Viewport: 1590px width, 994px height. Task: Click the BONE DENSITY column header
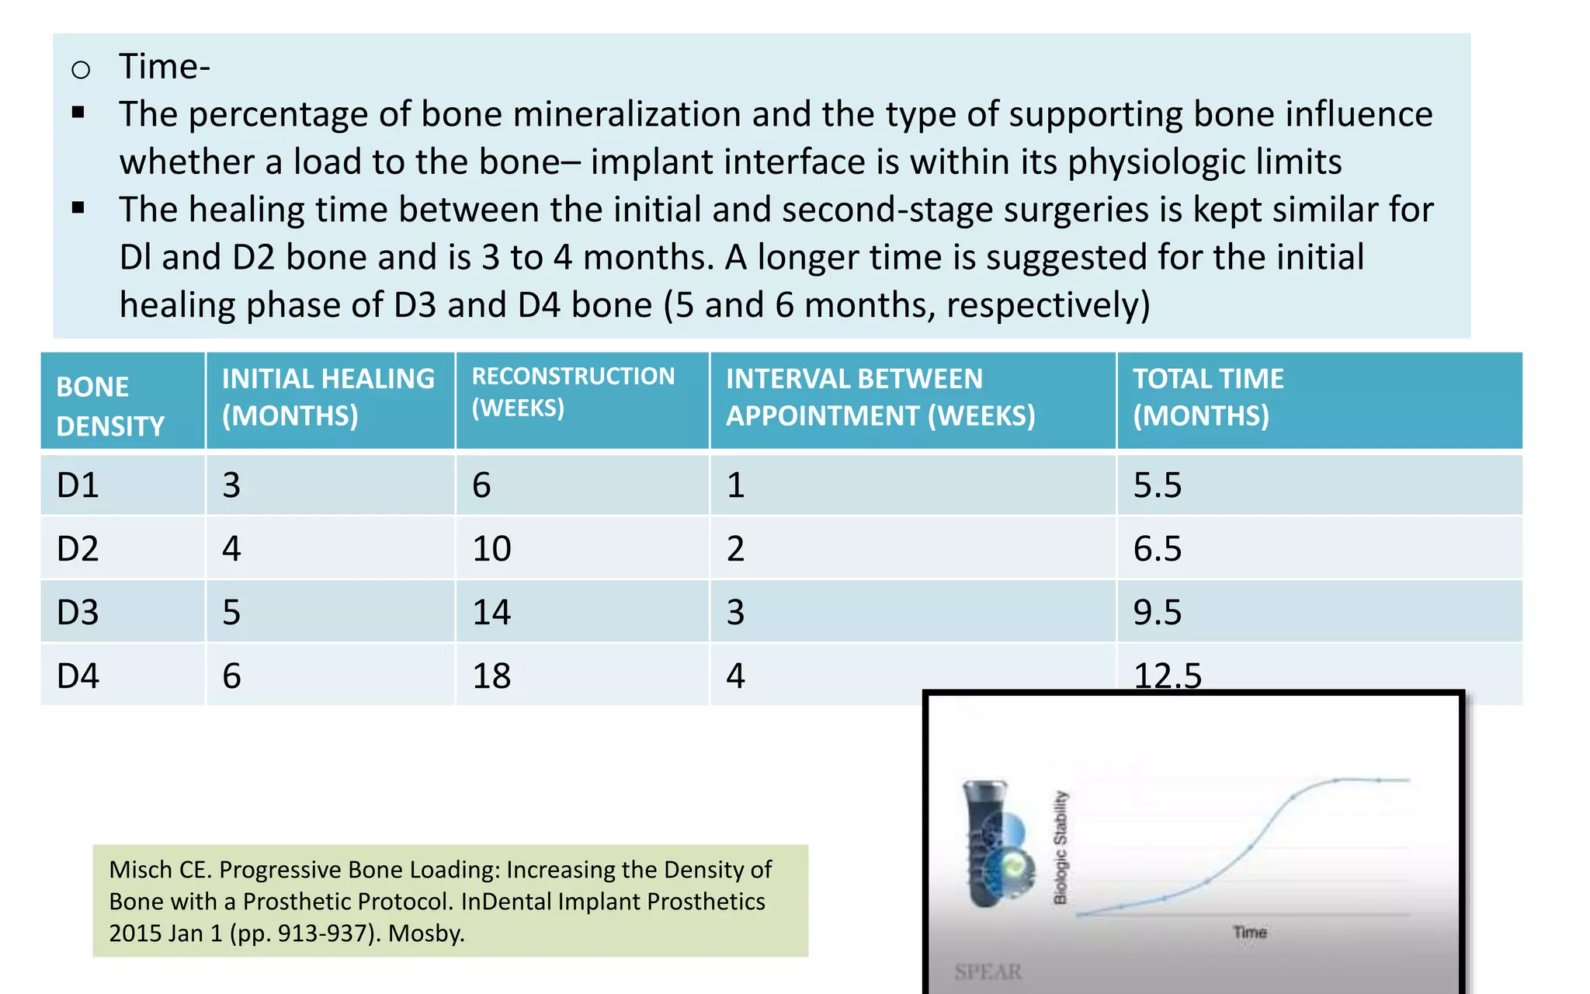(110, 406)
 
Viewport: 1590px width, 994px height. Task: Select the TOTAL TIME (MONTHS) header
(1208, 397)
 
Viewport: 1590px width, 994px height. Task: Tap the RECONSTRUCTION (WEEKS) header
(573, 391)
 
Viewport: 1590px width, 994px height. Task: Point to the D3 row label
(78, 613)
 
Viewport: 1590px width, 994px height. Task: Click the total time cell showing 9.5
(1157, 613)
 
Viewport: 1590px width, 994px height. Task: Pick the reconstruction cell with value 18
(491, 676)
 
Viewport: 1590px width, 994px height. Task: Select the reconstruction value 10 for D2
(491, 549)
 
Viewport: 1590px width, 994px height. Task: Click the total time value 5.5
(1157, 485)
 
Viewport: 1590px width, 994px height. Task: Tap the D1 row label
(78, 485)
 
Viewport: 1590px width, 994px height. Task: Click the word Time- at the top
(164, 67)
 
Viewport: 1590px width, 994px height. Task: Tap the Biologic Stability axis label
(1061, 847)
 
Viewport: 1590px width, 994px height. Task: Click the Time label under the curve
(1249, 932)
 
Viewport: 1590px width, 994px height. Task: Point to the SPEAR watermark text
(988, 971)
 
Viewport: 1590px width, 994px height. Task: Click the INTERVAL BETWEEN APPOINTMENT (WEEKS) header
(880, 397)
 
